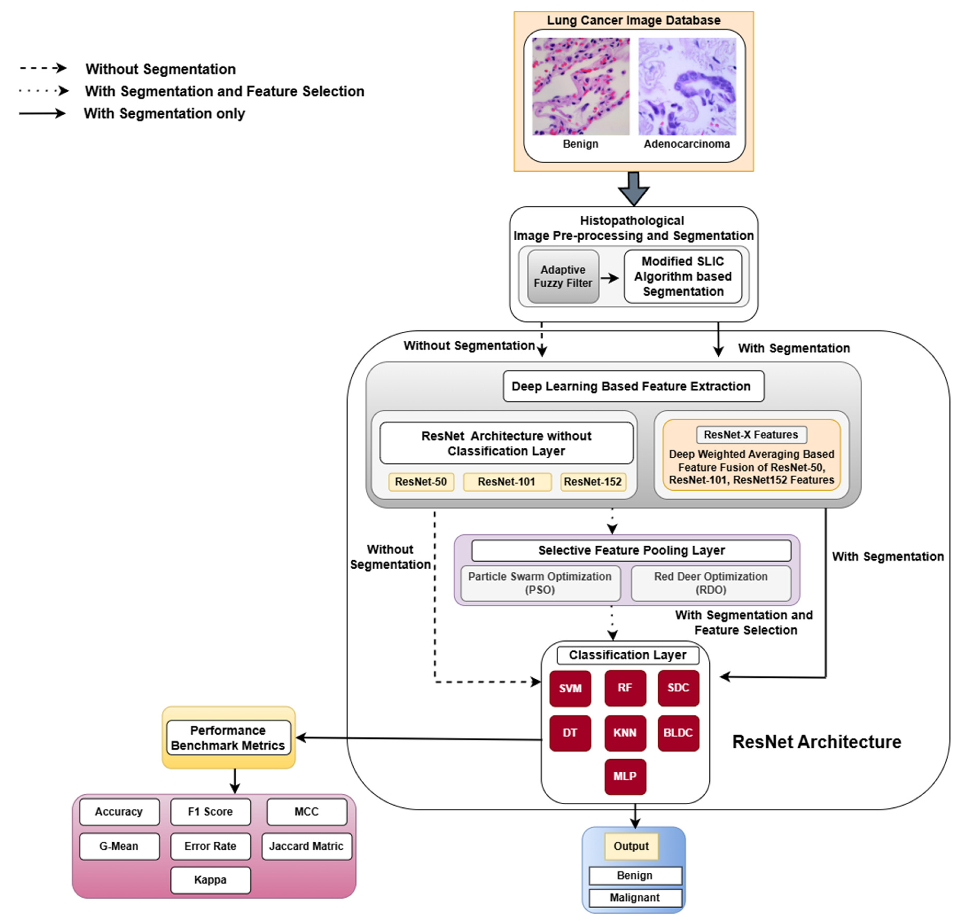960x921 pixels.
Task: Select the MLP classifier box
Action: point(625,776)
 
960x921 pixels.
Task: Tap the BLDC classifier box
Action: point(678,732)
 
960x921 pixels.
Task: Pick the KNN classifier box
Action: point(625,732)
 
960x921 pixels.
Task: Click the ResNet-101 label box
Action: point(507,481)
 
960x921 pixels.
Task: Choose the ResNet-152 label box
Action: point(592,481)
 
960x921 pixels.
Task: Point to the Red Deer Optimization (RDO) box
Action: point(711,583)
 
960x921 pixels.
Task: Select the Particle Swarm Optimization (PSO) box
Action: point(540,583)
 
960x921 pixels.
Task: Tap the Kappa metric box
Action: point(210,879)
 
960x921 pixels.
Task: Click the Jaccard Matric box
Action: point(306,846)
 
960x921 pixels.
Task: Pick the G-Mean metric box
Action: point(119,846)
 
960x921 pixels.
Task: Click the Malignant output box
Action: point(635,897)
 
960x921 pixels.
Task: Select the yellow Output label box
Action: point(631,846)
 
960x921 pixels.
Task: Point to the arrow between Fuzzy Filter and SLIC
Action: point(610,278)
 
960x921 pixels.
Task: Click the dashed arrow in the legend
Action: point(43,68)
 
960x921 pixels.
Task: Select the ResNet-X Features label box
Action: point(751,434)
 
